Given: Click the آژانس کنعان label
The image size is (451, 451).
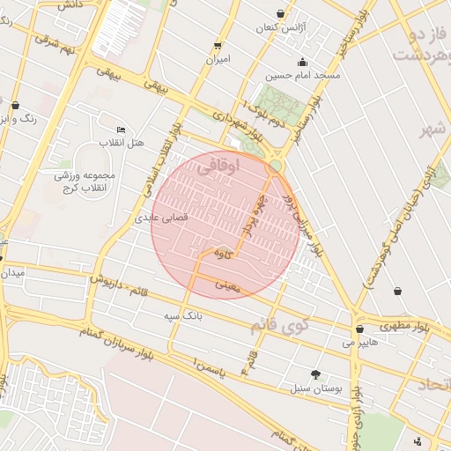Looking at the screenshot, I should (278, 28).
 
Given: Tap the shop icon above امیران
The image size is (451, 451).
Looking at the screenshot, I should (218, 45).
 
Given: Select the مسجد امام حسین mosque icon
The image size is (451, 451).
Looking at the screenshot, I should (303, 62).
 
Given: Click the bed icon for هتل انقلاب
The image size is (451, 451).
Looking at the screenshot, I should (121, 129).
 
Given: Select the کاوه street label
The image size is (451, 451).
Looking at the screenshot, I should (222, 253).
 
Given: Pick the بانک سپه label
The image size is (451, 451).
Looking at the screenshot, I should (183, 314).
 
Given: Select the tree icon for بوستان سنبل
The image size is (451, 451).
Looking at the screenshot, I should (315, 374).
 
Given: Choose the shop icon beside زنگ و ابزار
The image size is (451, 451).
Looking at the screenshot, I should (15, 105).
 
